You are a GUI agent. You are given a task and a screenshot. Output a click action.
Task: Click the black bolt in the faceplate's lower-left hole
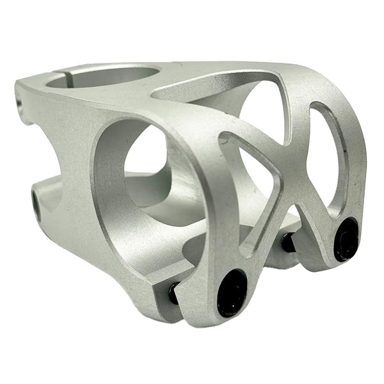232,292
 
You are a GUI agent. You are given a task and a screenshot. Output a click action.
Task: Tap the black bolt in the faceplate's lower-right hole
346,239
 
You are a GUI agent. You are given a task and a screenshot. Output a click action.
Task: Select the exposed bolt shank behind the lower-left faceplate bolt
173,293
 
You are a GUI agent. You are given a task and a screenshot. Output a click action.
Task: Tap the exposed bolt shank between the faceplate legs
288,242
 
